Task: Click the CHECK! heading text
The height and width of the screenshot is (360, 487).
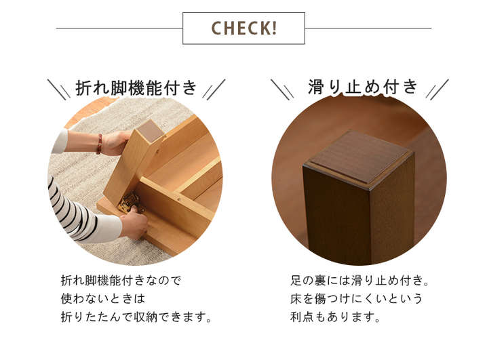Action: [x=243, y=28]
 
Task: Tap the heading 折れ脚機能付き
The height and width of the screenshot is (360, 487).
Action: [x=136, y=88]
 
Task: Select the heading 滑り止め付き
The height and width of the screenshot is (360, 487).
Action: [x=363, y=87]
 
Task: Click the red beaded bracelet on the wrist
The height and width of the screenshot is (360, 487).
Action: [x=100, y=144]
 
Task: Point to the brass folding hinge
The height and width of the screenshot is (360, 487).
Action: [x=130, y=202]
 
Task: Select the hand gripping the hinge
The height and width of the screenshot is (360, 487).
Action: [x=134, y=222]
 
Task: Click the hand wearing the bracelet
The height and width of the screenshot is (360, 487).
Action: [x=115, y=142]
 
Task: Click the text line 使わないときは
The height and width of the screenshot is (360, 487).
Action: [x=103, y=299]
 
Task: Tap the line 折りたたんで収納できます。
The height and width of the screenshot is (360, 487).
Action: [x=136, y=317]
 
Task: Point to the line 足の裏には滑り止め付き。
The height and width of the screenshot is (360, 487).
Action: [x=360, y=281]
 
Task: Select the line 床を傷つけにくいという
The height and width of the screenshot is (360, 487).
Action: [x=357, y=299]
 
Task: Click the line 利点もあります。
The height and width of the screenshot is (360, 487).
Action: [x=336, y=317]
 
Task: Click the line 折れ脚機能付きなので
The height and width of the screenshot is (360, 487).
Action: [x=121, y=281]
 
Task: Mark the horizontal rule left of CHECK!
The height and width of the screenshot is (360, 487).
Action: [x=119, y=28]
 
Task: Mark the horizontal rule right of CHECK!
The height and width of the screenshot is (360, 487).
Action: [x=368, y=28]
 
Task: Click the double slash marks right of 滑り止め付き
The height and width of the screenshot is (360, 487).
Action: [x=437, y=89]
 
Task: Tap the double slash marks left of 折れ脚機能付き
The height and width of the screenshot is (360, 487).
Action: [x=58, y=89]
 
